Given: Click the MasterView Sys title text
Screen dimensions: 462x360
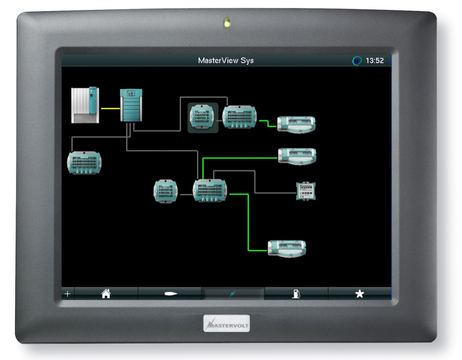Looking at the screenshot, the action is tap(226, 61).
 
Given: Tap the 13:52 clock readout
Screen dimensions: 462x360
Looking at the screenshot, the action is tap(375, 61).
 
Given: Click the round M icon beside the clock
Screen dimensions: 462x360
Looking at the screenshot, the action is tap(357, 61).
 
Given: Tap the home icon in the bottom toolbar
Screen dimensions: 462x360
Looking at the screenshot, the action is tap(106, 294).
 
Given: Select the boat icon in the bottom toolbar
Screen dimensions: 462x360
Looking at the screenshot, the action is tap(170, 294).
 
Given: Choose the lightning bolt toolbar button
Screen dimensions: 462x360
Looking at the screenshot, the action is tap(233, 294).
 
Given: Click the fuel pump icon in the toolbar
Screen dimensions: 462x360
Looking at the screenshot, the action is tap(296, 294).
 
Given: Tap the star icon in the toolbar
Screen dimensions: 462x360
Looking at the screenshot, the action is tap(360, 294).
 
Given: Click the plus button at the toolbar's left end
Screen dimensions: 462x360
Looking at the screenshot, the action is tap(68, 294).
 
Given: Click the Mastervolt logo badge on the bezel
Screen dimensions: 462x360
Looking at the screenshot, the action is tap(226, 323).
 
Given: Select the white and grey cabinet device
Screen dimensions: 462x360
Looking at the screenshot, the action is tap(85, 105).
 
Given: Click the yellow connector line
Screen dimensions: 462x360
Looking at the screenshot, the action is tap(110, 109).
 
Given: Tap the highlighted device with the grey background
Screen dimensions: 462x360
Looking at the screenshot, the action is tap(203, 117).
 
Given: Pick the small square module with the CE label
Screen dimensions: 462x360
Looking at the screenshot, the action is tap(306, 191).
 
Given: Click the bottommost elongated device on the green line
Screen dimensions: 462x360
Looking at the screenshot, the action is tap(287, 249).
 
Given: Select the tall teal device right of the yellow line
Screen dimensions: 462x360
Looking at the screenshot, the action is tap(131, 105).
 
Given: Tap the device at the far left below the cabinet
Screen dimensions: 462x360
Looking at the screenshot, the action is tap(84, 163).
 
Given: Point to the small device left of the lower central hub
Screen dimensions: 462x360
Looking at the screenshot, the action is tap(166, 191).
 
